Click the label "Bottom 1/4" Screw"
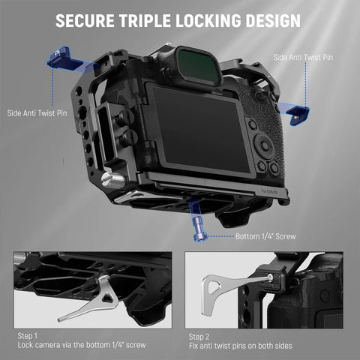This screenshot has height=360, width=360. click(267, 237)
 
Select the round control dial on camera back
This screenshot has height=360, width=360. click(265, 144)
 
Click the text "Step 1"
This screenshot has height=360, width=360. click(26, 336)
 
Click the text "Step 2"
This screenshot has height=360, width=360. click(199, 336)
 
